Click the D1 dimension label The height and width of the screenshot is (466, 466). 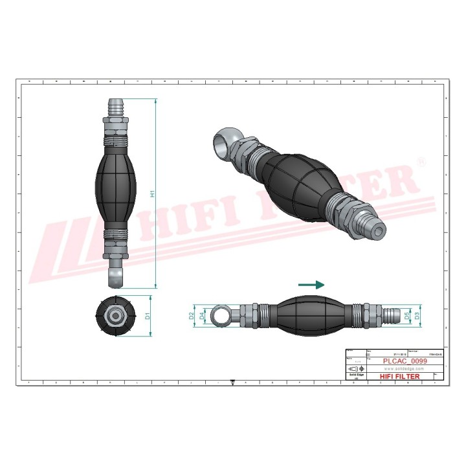tap(147, 316)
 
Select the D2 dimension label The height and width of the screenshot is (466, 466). tap(192, 316)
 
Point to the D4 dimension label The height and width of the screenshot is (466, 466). tap(202, 316)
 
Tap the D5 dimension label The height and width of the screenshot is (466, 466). tap(407, 316)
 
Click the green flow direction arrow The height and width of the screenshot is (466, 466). tap(311, 284)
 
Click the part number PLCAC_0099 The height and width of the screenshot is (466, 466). tap(405, 362)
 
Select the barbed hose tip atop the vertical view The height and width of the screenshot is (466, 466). tap(116, 105)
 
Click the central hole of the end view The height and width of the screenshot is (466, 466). tap(117, 316)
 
